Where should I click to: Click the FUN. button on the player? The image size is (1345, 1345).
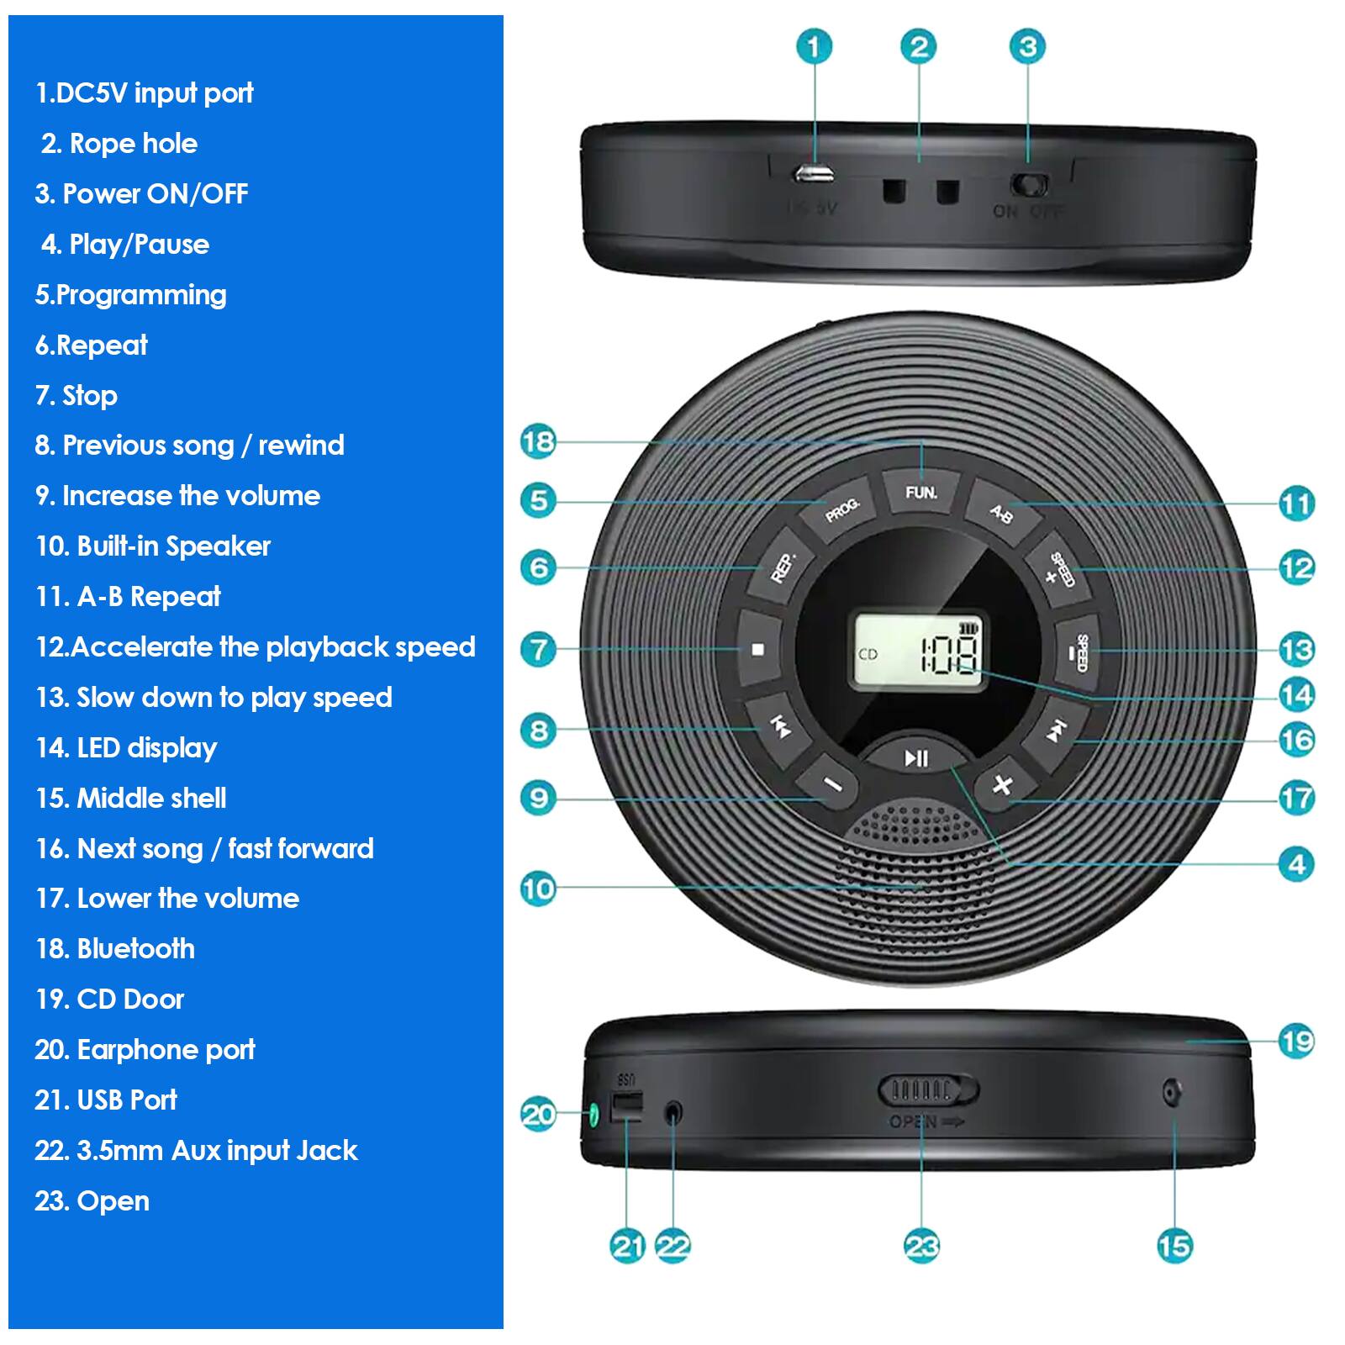[x=921, y=493]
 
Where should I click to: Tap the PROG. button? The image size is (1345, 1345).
[x=842, y=509]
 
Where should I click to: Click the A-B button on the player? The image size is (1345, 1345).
[x=1000, y=512]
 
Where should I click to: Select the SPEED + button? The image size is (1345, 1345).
[x=1058, y=570]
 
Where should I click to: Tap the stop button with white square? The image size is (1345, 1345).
[x=758, y=649]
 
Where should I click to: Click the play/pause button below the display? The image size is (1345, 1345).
[x=916, y=757]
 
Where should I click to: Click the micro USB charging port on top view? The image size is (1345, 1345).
[x=813, y=174]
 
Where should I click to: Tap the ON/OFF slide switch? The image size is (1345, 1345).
[x=1030, y=184]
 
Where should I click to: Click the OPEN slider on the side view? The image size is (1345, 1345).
[x=928, y=1090]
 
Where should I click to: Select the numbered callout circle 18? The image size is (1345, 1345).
[x=538, y=441]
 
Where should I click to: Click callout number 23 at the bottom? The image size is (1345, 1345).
[x=921, y=1246]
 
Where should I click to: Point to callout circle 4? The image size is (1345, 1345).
[x=1295, y=864]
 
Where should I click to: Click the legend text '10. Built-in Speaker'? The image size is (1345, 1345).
[x=153, y=546]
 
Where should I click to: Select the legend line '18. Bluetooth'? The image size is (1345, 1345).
[x=115, y=949]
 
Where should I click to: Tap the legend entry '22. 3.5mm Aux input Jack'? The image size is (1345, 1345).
[x=196, y=1151]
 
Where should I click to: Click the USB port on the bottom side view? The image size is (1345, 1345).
[x=625, y=1106]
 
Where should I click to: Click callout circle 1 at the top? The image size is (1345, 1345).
[x=813, y=46]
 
